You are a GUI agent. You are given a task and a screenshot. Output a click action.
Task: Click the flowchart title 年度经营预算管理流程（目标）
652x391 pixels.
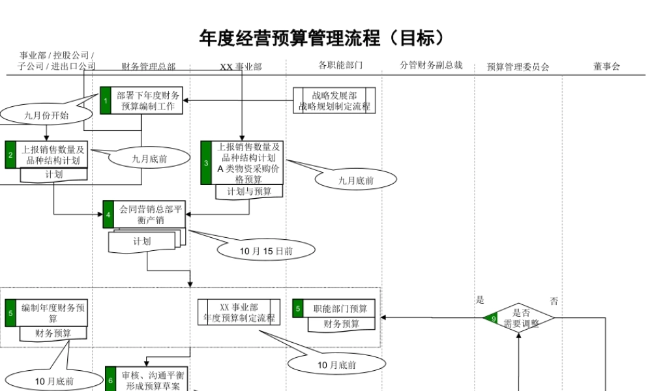click(x=324, y=38)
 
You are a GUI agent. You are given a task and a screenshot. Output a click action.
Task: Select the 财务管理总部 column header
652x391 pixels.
click(x=149, y=66)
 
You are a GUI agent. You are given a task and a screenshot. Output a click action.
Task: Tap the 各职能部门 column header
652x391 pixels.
click(x=340, y=65)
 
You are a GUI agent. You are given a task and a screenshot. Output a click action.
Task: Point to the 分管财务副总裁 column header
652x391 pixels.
click(x=431, y=65)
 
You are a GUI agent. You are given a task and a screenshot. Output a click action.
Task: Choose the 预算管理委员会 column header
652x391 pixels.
click(x=518, y=66)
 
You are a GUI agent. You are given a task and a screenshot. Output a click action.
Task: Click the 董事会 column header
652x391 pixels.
click(x=606, y=66)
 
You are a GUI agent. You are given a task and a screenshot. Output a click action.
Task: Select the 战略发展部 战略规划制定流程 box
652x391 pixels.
click(x=334, y=101)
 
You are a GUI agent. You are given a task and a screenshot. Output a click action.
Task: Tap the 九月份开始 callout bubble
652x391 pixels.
click(x=46, y=115)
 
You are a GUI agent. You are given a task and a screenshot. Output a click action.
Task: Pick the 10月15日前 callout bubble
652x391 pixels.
click(x=266, y=250)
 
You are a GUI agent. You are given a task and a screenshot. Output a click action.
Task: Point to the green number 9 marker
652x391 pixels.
click(x=494, y=319)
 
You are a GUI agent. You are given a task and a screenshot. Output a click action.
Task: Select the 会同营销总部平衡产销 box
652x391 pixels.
click(x=149, y=214)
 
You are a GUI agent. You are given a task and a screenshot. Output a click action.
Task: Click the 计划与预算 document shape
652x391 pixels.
click(x=249, y=192)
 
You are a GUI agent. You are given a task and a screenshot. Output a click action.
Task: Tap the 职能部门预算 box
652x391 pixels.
click(x=339, y=309)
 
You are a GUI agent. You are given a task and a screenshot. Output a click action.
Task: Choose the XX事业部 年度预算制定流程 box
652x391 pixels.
click(x=239, y=312)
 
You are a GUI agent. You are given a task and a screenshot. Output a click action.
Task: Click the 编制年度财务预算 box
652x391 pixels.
click(x=52, y=313)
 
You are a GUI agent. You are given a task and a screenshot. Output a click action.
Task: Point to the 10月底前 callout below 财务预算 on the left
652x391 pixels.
click(x=46, y=381)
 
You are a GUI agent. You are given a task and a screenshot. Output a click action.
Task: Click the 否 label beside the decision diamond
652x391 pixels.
click(x=554, y=301)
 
